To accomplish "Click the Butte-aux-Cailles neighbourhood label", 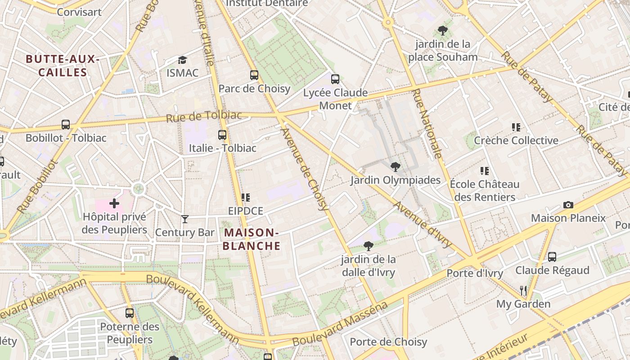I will click(x=62, y=66).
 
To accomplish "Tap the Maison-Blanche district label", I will click(x=251, y=239).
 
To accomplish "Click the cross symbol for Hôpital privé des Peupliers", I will click(x=114, y=203).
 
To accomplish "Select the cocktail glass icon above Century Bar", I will click(x=184, y=219).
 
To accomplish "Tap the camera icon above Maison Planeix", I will click(x=568, y=205).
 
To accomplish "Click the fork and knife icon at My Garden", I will click(x=523, y=291).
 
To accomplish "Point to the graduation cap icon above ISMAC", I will click(x=182, y=60).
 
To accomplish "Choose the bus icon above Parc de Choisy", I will click(x=254, y=75).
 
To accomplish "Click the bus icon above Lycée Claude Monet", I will click(x=335, y=79).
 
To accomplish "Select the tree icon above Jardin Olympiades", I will click(x=395, y=167).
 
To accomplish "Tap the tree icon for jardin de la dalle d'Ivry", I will click(x=369, y=246).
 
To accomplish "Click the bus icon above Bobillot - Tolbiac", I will click(x=66, y=125).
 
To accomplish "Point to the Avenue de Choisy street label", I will click(x=305, y=169).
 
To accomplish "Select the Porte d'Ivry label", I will click(x=475, y=273).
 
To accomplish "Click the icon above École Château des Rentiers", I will click(x=485, y=171).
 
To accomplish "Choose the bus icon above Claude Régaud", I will click(x=552, y=257).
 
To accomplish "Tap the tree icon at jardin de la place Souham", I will click(x=443, y=31).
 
